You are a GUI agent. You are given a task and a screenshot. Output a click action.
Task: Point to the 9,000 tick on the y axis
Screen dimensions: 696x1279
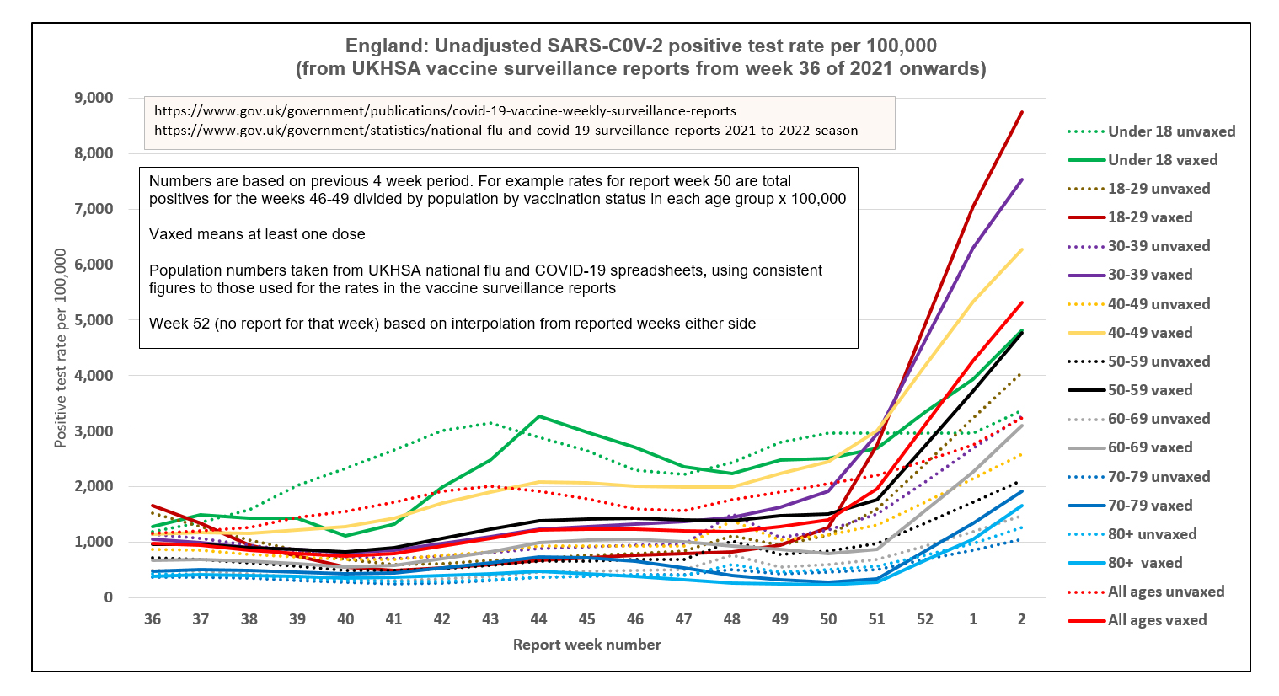[94, 98]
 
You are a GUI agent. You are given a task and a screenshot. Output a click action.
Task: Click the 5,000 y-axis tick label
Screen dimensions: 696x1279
[94, 320]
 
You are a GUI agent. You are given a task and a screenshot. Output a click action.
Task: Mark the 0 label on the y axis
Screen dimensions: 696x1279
[108, 597]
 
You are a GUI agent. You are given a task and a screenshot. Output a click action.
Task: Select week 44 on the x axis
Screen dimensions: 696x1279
[538, 619]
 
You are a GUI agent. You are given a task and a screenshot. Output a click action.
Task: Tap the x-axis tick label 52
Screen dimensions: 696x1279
[925, 619]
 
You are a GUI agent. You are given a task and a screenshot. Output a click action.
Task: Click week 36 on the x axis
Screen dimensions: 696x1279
[153, 619]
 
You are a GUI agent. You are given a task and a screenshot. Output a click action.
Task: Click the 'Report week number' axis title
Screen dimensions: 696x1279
[586, 645]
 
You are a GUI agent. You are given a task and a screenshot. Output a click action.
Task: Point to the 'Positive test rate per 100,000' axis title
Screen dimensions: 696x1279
[61, 348]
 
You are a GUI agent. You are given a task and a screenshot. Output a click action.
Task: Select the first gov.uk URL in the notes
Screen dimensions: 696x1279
[445, 111]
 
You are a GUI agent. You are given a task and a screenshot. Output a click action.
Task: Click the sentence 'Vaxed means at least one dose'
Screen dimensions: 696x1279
[257, 234]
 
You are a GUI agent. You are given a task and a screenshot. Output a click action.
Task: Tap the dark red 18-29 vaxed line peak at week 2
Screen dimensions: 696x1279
[1021, 112]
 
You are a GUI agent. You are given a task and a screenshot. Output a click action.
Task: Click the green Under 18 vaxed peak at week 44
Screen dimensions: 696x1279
[538, 416]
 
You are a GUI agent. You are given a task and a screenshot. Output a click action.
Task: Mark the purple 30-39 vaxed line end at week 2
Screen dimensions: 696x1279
[1021, 179]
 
